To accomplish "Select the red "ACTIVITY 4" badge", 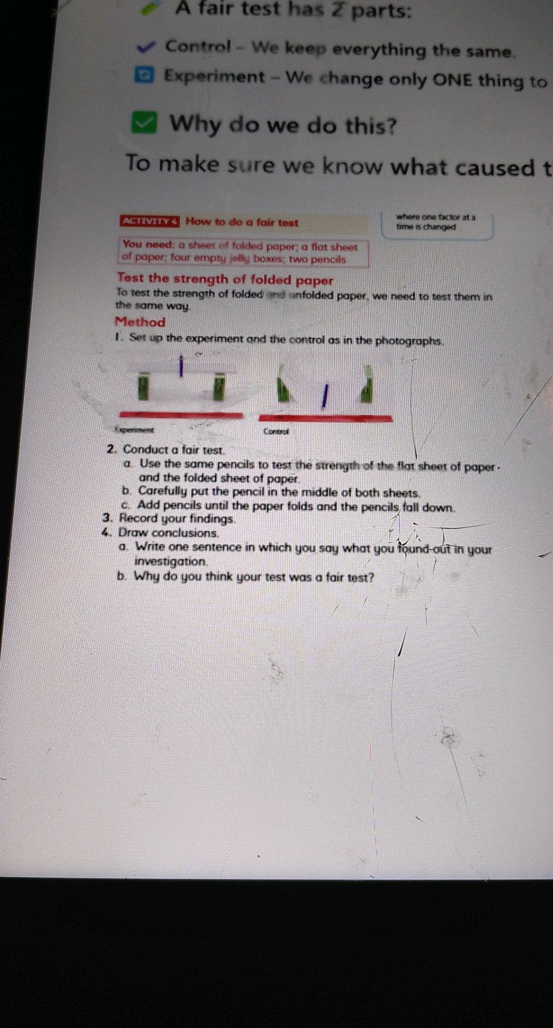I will pyautogui.click(x=149, y=221).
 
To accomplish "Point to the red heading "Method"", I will pyautogui.click(x=140, y=322).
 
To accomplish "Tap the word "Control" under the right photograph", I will pyautogui.click(x=276, y=431).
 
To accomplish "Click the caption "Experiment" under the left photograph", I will pyautogui.click(x=134, y=430).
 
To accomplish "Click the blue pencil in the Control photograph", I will pyautogui.click(x=324, y=397).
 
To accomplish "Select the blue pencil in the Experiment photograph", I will pyautogui.click(x=181, y=365).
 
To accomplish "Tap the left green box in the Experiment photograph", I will pyautogui.click(x=143, y=386).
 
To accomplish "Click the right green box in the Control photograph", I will pyautogui.click(x=366, y=389).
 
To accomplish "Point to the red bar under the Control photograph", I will pyautogui.click(x=325, y=418).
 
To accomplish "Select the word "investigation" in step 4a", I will pyautogui.click(x=170, y=562).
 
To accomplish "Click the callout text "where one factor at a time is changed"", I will pyautogui.click(x=436, y=222).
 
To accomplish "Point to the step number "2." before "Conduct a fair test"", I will pyautogui.click(x=111, y=449).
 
